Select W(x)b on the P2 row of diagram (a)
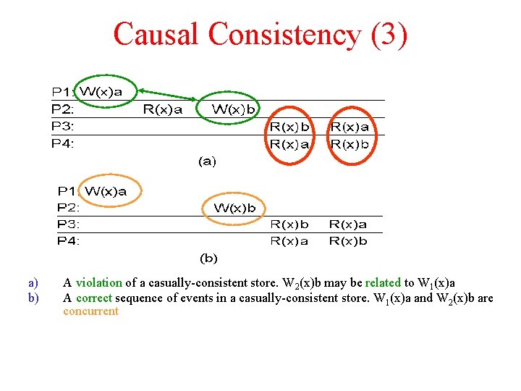pyautogui.click(x=233, y=109)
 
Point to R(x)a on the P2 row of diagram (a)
pyautogui.click(x=162, y=109)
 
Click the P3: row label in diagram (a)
pyautogui.click(x=63, y=126)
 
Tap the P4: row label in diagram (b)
pyautogui.click(x=69, y=240)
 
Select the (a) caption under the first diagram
pyautogui.click(x=207, y=161)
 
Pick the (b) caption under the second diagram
pyautogui.click(x=208, y=258)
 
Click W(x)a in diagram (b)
pyautogui.click(x=106, y=191)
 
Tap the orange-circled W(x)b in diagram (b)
pyautogui.click(x=234, y=208)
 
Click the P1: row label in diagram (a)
pyautogui.click(x=63, y=91)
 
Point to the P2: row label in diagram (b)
pyautogui.click(x=69, y=208)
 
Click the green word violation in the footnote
pyautogui.click(x=98, y=282)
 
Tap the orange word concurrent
pyautogui.click(x=90, y=311)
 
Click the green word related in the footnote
pyautogui.click(x=383, y=282)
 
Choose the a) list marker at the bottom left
pyautogui.click(x=32, y=282)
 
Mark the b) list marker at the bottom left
pyautogui.click(x=32, y=297)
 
